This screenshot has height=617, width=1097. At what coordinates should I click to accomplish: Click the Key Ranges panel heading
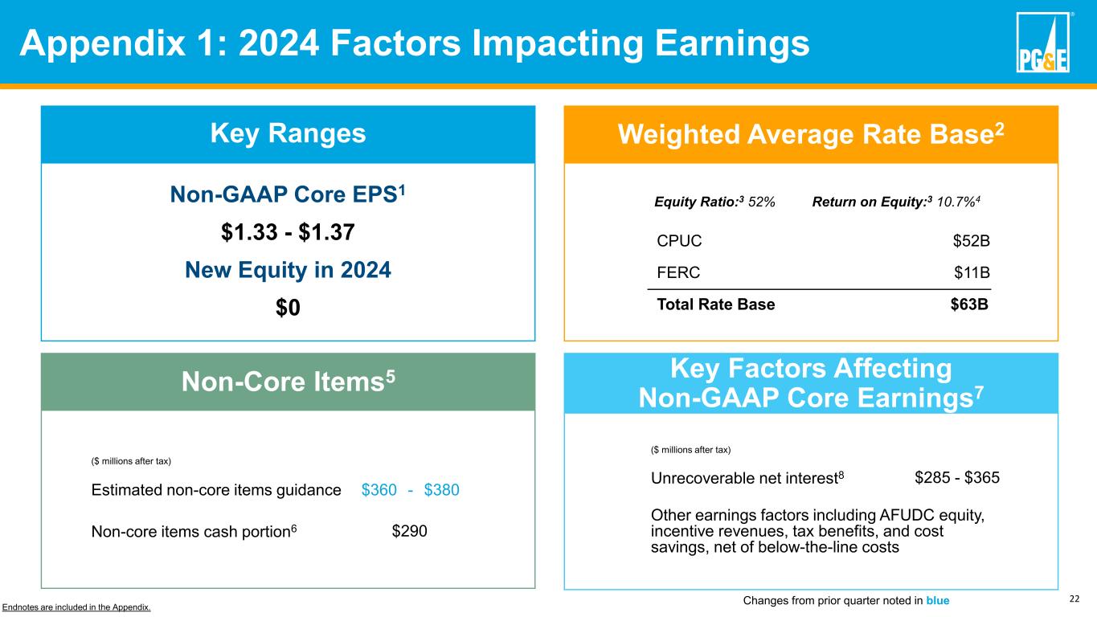pyautogui.click(x=288, y=134)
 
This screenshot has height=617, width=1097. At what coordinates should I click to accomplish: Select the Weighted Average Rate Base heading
pyautogui.click(x=810, y=134)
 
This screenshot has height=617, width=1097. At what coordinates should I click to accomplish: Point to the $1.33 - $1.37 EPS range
pyautogui.click(x=288, y=232)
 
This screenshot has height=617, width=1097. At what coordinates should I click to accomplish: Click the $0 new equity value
pyautogui.click(x=288, y=308)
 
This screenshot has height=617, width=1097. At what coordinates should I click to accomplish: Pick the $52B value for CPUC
pyautogui.click(x=971, y=240)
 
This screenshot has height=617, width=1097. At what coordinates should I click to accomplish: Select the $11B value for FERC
pyautogui.click(x=972, y=272)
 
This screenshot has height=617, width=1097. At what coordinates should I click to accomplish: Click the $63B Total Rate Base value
pyautogui.click(x=969, y=304)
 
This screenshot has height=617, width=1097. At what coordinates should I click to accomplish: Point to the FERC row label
pyautogui.click(x=678, y=272)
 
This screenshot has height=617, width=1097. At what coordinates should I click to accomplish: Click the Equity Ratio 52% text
pyautogui.click(x=715, y=202)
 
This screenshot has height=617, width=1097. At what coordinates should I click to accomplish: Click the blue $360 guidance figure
pyautogui.click(x=379, y=489)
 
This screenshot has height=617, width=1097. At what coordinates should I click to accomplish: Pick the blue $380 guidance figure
pyautogui.click(x=441, y=489)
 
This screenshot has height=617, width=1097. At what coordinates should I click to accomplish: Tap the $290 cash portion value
pyautogui.click(x=409, y=530)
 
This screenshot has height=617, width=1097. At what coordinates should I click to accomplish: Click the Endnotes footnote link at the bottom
pyautogui.click(x=76, y=607)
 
